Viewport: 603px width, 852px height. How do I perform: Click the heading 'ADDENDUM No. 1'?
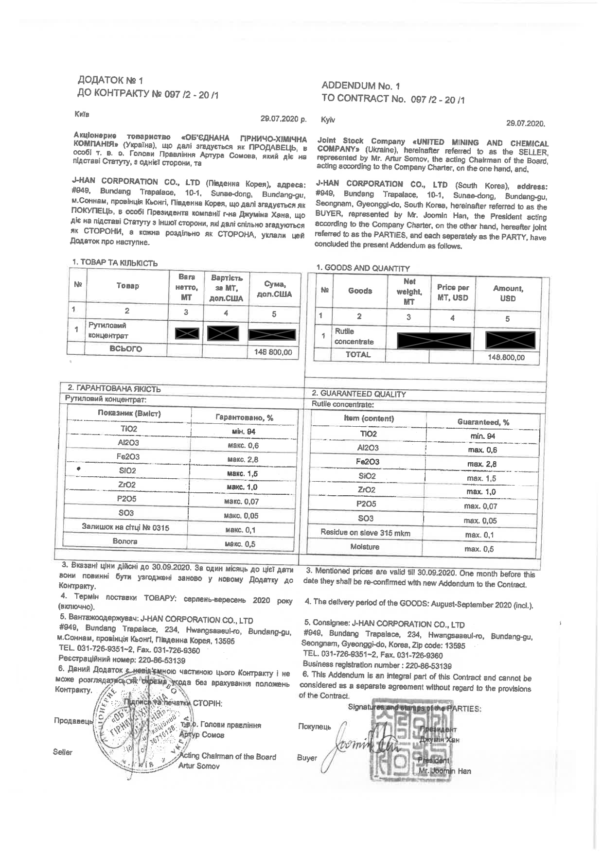pos(360,86)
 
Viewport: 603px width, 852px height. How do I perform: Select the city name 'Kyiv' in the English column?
pos(328,120)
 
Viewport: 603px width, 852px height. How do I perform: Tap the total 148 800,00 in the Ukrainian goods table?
pos(273,352)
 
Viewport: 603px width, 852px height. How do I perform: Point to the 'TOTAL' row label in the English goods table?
pos(358,355)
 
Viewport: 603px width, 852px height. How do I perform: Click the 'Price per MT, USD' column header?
pos(453,293)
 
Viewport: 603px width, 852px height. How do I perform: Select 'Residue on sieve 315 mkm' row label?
pos(365,533)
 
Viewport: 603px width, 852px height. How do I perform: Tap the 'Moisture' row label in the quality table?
pos(365,547)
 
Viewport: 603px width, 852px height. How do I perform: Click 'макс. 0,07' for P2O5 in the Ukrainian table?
pos(242,501)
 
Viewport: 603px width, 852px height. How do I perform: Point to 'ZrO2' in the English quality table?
pos(367,490)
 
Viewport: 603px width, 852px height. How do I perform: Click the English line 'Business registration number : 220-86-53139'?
pos(377,665)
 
